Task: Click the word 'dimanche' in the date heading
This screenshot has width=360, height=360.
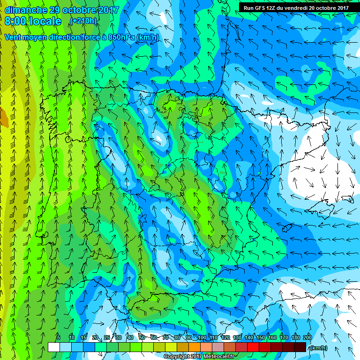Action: (25, 10)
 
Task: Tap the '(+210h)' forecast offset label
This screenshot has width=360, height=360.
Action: (83, 21)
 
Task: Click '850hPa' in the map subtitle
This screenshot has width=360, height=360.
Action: (121, 37)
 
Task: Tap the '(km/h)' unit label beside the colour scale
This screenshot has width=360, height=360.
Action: (319, 348)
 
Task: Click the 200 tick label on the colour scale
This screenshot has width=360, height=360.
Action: (307, 337)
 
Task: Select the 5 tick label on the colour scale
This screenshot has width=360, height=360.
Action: (59, 337)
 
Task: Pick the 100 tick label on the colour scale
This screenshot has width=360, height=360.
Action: (202, 337)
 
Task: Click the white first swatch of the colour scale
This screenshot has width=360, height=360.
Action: (53, 347)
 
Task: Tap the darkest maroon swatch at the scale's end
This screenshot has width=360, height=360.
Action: (300, 347)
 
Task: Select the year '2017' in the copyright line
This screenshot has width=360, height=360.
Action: (196, 357)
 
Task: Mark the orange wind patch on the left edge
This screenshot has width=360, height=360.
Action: (3, 117)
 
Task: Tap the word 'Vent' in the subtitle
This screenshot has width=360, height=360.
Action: (13, 37)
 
